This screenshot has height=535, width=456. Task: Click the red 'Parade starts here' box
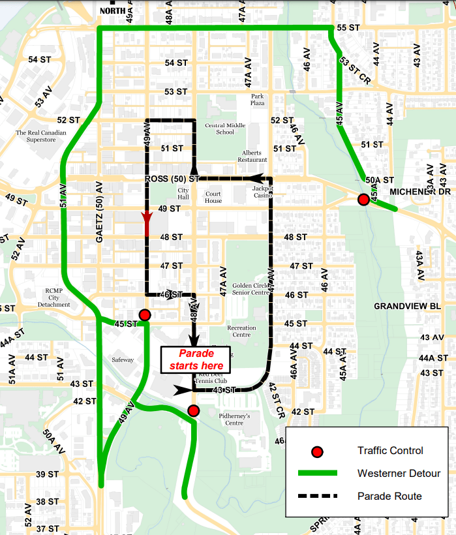196,359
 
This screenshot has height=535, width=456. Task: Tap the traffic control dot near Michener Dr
363,200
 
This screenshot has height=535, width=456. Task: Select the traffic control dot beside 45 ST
145,316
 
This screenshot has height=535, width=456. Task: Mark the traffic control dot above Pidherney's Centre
193,410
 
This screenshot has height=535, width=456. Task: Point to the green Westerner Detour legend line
317,473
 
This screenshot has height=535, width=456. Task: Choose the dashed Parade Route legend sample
317,496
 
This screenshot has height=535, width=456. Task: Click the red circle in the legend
317,451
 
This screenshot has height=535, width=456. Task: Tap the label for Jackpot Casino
263,191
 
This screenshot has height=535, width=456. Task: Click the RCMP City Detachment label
54,298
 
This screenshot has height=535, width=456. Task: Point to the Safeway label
123,359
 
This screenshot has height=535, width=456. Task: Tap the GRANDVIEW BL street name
408,306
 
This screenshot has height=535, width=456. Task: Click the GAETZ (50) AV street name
99,212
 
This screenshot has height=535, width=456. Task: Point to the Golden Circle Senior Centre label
251,289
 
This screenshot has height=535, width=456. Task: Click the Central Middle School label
225,129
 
